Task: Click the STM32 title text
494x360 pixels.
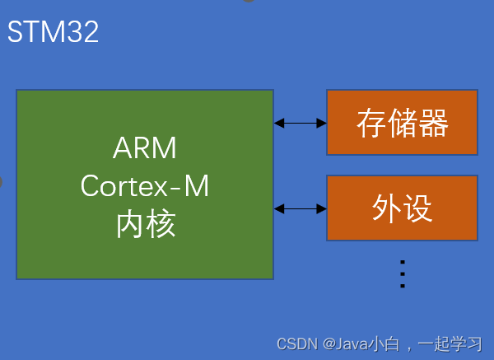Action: (53, 32)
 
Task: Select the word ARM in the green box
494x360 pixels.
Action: (145, 149)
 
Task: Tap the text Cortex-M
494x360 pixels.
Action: (145, 187)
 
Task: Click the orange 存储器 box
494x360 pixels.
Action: (402, 123)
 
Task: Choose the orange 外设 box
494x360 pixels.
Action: (402, 208)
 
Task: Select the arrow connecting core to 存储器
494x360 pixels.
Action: (300, 123)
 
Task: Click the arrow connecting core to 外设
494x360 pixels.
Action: (300, 208)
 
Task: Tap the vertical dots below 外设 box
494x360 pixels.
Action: (403, 273)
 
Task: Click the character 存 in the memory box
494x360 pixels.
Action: (371, 124)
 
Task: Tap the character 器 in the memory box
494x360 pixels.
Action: (433, 124)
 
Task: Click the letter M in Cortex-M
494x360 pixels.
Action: (196, 187)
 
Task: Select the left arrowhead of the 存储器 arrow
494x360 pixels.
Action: (278, 123)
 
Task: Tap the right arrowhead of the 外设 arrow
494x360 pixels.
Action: (322, 208)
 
